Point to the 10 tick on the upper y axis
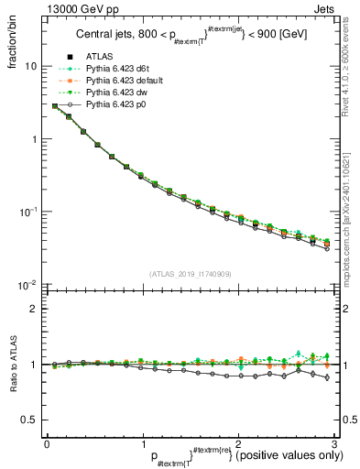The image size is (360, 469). point(31,67)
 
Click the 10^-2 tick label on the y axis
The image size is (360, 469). point(28,285)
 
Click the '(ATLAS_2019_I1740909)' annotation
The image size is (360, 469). point(191,274)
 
